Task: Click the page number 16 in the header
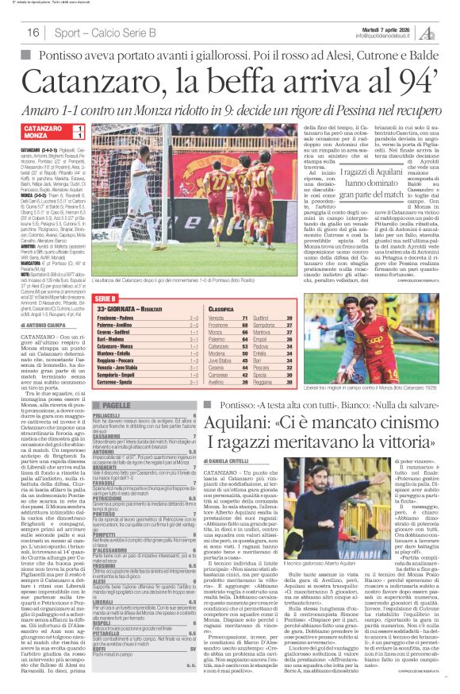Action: click(33, 33)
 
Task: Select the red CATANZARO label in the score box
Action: click(46, 128)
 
